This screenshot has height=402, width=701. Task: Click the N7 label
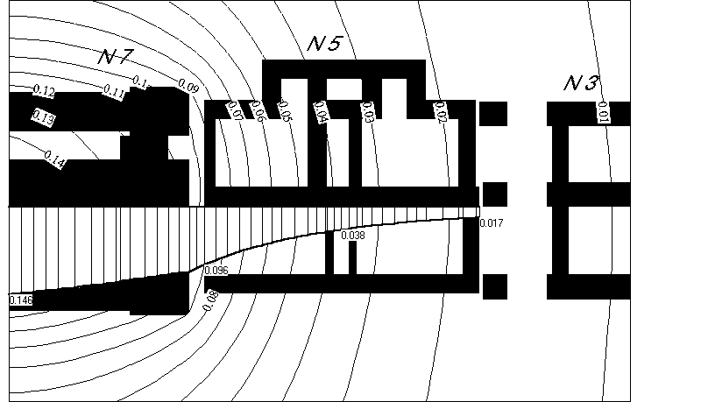tap(115, 57)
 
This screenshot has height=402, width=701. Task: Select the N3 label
tap(580, 83)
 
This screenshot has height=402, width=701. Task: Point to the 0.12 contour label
tap(44, 91)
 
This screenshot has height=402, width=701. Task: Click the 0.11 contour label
tap(114, 89)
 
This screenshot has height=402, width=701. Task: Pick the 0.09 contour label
tap(188, 85)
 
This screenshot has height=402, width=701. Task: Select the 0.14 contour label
tap(54, 160)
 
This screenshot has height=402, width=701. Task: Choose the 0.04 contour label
tap(320, 112)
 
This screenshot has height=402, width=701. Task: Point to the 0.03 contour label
tap(367, 111)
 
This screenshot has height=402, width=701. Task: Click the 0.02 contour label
tap(440, 112)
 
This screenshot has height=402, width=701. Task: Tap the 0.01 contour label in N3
tap(604, 111)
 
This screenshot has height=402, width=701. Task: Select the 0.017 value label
tap(492, 223)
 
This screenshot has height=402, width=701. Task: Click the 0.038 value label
tap(352, 236)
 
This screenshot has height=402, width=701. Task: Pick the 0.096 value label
tap(216, 271)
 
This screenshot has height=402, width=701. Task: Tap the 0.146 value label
tap(21, 300)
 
